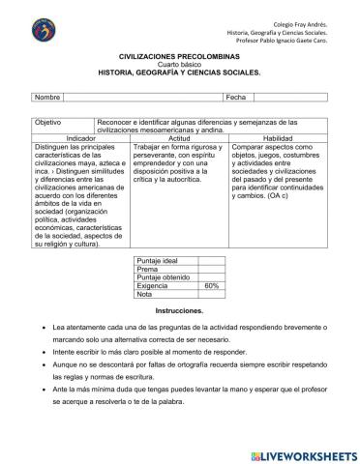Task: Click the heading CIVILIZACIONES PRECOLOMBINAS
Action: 181,58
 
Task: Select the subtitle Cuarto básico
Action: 181,66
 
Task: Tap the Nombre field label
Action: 47,98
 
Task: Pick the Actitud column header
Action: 179,139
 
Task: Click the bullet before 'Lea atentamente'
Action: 34,329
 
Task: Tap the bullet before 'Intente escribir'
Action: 34,356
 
